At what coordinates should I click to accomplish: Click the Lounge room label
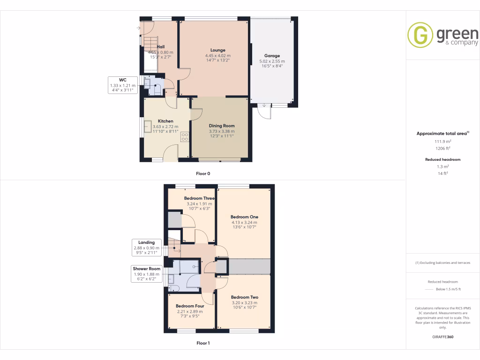217,50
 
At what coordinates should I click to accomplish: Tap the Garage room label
272,56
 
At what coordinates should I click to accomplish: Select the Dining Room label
221,126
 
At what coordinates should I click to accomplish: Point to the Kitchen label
165,121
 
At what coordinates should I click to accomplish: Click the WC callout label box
122,85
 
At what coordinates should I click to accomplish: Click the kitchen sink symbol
149,126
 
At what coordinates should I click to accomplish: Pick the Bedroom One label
244,217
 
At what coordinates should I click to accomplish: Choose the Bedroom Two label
244,297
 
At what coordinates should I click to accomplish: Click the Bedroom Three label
199,198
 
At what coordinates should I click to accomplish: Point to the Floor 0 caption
203,173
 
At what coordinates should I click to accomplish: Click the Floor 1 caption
203,343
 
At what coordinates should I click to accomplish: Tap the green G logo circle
420,35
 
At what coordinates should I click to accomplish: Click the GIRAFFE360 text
443,337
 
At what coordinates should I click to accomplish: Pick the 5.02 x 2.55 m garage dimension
272,61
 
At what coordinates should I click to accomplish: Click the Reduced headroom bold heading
442,159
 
